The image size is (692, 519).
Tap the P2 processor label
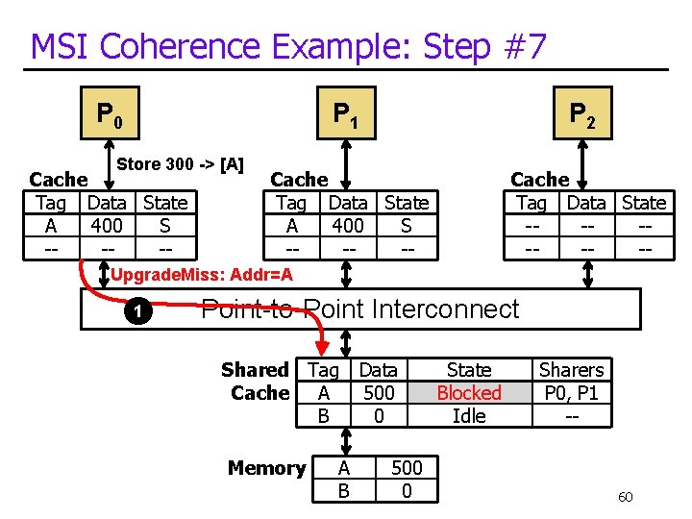click(582, 115)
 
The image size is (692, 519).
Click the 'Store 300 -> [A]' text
click(180, 164)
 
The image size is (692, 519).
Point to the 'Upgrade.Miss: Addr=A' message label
click(202, 276)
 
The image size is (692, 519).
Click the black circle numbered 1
click(136, 310)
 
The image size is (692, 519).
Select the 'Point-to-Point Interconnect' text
click(359, 309)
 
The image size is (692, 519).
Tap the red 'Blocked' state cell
click(469, 392)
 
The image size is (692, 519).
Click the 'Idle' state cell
click(469, 415)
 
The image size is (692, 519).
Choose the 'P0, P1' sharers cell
click(571, 392)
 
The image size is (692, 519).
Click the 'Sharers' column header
click(571, 370)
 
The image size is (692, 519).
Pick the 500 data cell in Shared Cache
click(379, 392)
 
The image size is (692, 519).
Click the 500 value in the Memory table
click(407, 467)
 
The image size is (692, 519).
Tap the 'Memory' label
click(266, 468)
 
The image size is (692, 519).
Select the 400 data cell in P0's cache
click(107, 225)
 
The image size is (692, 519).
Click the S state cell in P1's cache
click(407, 225)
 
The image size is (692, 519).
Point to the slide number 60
click(625, 497)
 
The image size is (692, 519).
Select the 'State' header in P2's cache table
click(644, 203)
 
